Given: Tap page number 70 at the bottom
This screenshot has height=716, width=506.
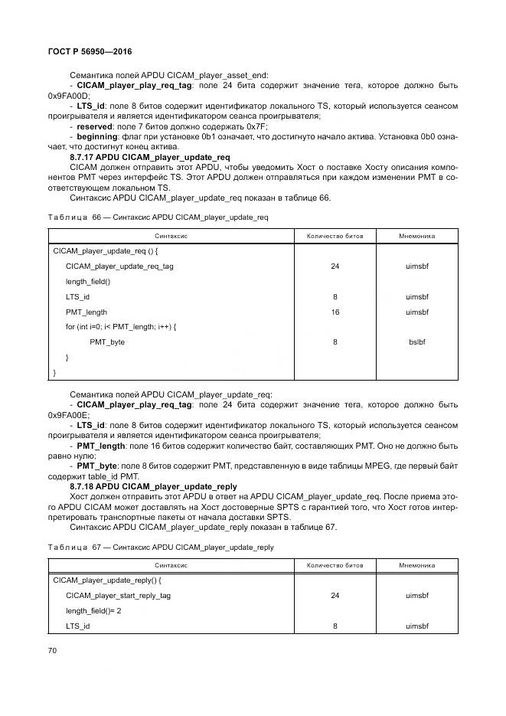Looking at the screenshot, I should (53, 650).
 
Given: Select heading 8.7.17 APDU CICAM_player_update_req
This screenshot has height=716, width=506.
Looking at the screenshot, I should (150, 157).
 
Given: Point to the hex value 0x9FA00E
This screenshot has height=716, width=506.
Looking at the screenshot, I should (68, 414).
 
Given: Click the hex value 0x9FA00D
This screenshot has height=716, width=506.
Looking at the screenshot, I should (68, 96).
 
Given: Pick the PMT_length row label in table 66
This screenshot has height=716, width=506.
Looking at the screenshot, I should (87, 312).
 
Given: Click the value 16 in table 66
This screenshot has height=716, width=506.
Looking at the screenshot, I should (335, 312).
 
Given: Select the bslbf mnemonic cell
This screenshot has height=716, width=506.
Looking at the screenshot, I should (417, 342).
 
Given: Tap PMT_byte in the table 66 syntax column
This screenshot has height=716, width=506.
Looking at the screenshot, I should (106, 342).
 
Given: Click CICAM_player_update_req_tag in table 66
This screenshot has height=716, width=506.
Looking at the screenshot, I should (119, 266).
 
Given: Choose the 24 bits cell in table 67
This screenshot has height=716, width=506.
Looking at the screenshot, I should (335, 595).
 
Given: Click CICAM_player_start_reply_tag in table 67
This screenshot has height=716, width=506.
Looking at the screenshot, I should (119, 595).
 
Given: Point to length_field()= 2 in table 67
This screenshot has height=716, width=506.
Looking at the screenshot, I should (93, 610).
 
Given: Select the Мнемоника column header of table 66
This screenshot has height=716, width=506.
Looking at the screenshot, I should (417, 236).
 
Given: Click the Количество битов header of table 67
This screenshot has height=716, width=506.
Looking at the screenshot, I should (335, 565).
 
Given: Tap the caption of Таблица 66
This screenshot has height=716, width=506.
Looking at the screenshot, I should (158, 217).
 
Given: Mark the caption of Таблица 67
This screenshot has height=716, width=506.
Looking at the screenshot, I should (160, 547).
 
